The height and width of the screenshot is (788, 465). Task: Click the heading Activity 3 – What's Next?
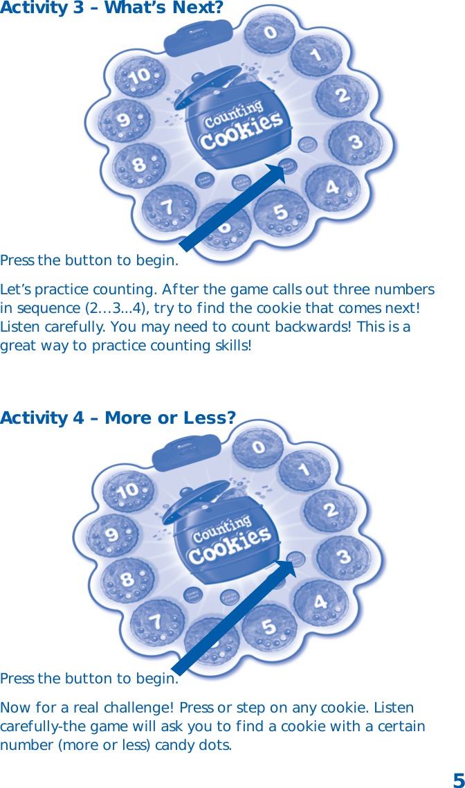[111, 9]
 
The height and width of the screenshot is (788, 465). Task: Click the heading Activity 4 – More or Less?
[118, 418]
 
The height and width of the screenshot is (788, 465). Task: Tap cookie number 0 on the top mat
[270, 33]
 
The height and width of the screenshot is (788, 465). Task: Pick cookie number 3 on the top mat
[355, 143]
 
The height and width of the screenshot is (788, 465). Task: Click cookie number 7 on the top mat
[167, 206]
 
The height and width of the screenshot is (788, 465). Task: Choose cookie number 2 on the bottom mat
[330, 512]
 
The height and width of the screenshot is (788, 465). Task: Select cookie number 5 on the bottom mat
[268, 628]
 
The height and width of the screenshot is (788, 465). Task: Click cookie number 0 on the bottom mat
[258, 447]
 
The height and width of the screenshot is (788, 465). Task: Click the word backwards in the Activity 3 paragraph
[316, 326]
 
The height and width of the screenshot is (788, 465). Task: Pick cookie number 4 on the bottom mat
[321, 602]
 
